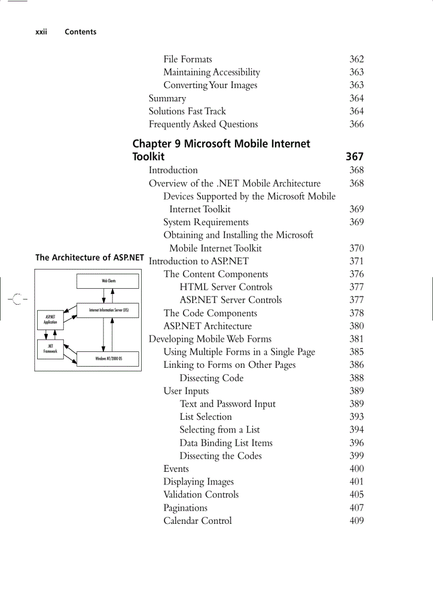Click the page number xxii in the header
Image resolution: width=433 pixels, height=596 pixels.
[41, 32]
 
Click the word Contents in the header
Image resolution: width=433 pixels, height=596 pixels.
[81, 32]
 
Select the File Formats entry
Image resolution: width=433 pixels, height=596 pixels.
[187, 59]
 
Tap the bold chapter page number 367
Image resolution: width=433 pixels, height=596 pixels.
[354, 157]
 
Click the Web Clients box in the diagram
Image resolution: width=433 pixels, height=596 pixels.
[108, 281]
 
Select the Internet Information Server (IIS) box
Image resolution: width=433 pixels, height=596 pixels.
[108, 310]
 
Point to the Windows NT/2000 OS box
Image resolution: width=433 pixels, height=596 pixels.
[108, 359]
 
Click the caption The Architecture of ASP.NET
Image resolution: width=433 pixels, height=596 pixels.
[90, 258]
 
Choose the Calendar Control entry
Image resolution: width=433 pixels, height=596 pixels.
[197, 521]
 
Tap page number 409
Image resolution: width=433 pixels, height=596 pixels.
[357, 521]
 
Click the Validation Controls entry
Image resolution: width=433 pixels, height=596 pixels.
[201, 495]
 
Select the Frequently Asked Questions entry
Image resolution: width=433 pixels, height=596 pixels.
[203, 124]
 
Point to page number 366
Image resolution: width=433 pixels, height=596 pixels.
[357, 124]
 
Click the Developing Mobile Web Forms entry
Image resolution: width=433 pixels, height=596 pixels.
[210, 339]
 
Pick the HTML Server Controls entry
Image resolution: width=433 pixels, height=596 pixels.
[226, 287]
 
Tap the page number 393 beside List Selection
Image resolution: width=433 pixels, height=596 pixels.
[357, 417]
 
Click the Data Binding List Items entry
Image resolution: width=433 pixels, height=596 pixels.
[226, 443]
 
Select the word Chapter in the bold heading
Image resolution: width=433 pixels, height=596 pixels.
[151, 144]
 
